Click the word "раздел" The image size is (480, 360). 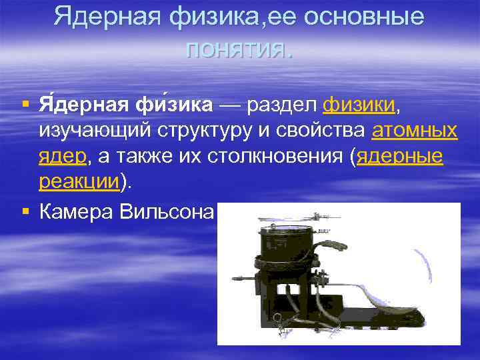tap(284, 105)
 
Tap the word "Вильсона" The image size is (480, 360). tap(166, 212)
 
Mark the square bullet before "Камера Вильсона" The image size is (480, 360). tap(25, 212)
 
